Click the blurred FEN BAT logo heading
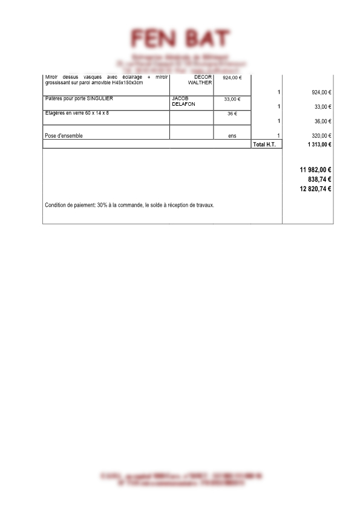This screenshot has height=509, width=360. [180, 39]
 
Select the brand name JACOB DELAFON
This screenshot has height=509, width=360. [184, 101]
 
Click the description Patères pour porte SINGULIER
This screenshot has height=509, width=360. [79, 98]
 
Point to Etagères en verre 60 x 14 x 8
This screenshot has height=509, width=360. [77, 113]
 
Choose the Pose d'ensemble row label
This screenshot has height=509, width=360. [64, 136]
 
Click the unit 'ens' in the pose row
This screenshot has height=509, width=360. [232, 136]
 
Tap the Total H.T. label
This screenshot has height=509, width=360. [264, 144]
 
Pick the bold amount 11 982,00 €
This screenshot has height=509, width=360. [315, 170]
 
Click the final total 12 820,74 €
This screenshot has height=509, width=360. [315, 189]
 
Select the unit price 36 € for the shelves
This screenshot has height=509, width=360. [232, 114]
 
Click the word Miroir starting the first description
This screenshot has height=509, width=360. [53, 77]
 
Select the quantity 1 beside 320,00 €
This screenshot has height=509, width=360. [278, 136]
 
